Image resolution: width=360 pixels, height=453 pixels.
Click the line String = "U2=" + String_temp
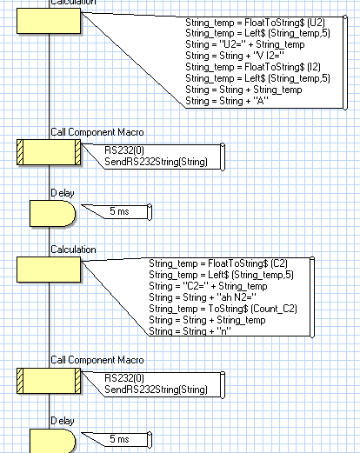point(245,44)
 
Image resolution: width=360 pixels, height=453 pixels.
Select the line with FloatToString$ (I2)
point(253,67)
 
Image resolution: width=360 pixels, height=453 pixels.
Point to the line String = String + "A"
point(227,101)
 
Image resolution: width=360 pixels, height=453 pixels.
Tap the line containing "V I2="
point(235,56)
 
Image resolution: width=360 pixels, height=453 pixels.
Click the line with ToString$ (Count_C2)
point(223,309)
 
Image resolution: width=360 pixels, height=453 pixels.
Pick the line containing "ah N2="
point(203,297)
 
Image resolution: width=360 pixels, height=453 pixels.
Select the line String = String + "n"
point(190,331)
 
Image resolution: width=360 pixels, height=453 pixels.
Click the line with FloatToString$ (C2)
point(218,263)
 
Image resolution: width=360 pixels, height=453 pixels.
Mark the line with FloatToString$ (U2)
point(255,23)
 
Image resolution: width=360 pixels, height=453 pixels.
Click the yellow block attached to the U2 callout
point(49,21)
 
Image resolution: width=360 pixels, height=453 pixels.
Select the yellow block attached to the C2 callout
point(49,270)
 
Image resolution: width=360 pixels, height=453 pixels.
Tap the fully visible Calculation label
point(73,250)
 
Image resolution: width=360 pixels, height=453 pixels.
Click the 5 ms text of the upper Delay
point(119,211)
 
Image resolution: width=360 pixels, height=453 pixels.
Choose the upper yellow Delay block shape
point(53,213)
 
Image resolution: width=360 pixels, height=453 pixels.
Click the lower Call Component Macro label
point(97,360)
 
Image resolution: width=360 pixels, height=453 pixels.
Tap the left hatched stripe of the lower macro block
point(20,381)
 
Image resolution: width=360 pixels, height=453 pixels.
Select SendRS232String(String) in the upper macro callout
point(156,162)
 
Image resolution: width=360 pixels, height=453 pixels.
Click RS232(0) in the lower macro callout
point(124,378)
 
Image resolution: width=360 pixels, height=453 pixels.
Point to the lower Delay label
point(63,421)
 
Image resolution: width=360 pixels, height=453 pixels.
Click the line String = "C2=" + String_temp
point(208,286)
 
